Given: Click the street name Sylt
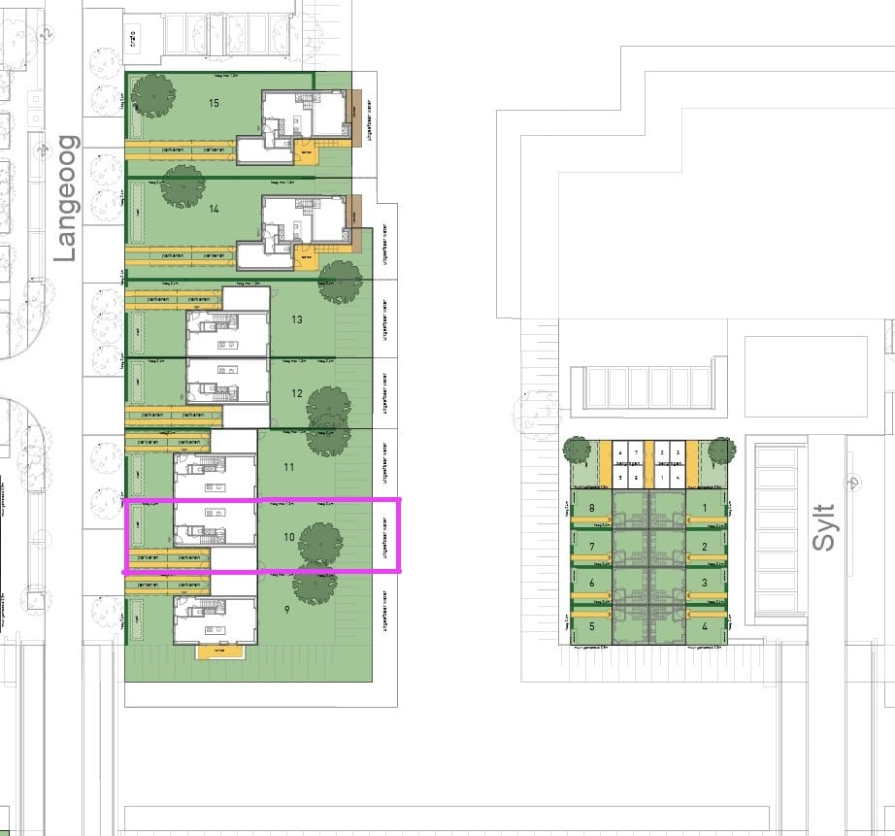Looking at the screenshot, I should tap(823, 527).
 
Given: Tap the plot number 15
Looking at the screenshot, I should tap(215, 102).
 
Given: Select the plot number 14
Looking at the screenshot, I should tap(215, 209).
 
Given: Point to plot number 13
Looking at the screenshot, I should tap(297, 319).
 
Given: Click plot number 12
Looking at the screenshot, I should tap(297, 393).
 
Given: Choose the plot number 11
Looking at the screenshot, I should tap(289, 467).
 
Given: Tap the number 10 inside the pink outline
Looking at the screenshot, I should tap(289, 536).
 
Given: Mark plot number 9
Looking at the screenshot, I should tap(287, 610).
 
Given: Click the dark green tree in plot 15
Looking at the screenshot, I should tap(152, 94).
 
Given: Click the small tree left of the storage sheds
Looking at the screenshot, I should tap(577, 450).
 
